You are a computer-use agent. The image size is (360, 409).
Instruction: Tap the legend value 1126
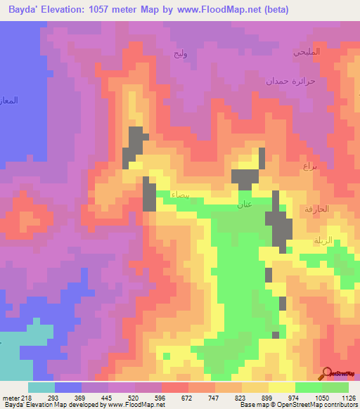tap(349, 398)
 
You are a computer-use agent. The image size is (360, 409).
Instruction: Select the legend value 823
tap(242, 398)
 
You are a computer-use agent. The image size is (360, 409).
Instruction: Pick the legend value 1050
tap(322, 398)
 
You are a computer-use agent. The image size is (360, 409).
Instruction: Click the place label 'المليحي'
tap(307, 52)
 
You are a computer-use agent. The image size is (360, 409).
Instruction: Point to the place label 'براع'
tap(310, 167)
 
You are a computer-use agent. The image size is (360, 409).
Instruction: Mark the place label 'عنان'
tap(244, 205)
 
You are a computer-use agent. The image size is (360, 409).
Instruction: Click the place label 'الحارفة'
tap(317, 209)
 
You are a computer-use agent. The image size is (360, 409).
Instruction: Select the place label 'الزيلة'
tap(322, 241)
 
